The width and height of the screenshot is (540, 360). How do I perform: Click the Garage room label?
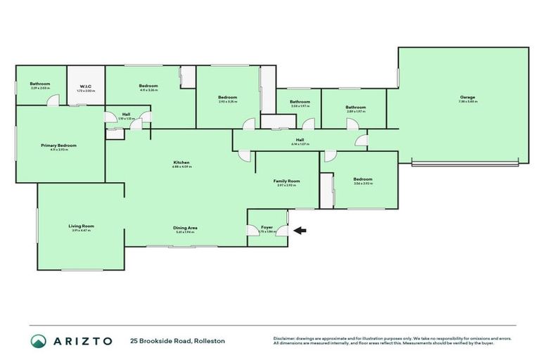click(468, 97)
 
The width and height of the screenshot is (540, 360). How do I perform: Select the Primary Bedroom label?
click(58, 145)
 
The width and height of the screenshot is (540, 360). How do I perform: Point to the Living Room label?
click(82, 226)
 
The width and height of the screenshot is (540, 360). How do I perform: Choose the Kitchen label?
click(181, 163)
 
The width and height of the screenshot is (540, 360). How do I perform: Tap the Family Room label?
click(287, 181)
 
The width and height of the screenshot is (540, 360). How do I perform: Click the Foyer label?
click(266, 227)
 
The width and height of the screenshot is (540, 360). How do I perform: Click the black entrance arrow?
click(300, 230)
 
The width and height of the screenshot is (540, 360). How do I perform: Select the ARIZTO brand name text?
click(83, 341)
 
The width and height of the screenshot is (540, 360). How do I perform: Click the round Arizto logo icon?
click(39, 341)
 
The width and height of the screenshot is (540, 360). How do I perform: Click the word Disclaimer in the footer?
click(285, 338)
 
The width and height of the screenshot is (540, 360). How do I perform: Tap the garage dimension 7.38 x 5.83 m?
click(468, 102)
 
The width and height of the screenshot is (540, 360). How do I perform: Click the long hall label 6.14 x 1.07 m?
click(300, 144)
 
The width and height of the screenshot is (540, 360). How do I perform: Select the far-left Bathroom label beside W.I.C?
click(40, 84)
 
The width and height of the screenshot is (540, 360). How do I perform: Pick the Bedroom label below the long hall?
click(363, 179)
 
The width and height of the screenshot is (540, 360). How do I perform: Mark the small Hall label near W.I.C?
click(126, 114)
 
